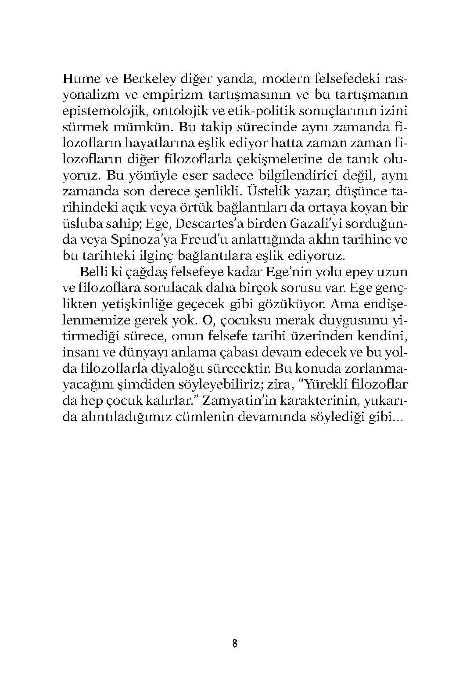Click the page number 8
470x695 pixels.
click(x=234, y=644)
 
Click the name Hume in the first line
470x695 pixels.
click(x=80, y=79)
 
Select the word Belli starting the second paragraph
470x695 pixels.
click(x=92, y=272)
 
